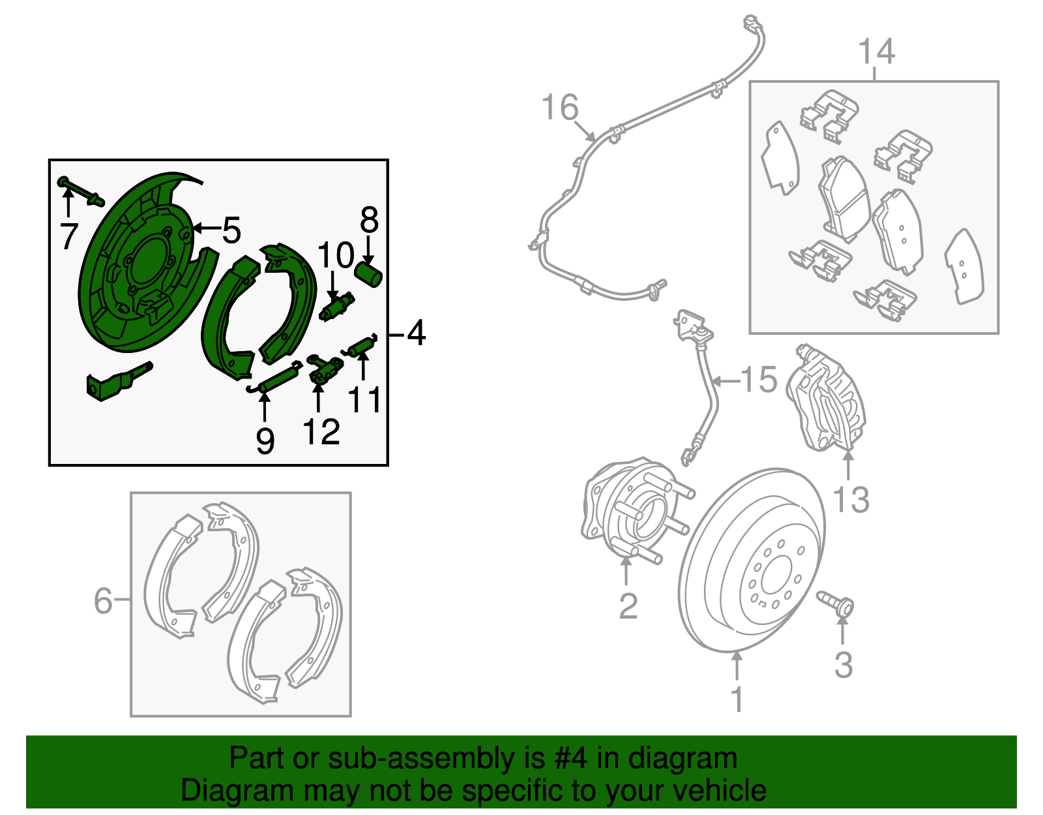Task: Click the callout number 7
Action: pyautogui.click(x=69, y=236)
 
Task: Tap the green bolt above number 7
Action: pyautogui.click(x=81, y=191)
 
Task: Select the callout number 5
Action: pyautogui.click(x=231, y=230)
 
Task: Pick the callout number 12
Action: pyautogui.click(x=321, y=431)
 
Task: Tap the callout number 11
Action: pyautogui.click(x=364, y=400)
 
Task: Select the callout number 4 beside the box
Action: pyautogui.click(x=416, y=333)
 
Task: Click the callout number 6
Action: pyautogui.click(x=103, y=600)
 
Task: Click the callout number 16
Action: pyautogui.click(x=560, y=107)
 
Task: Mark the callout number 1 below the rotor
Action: pyautogui.click(x=737, y=699)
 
